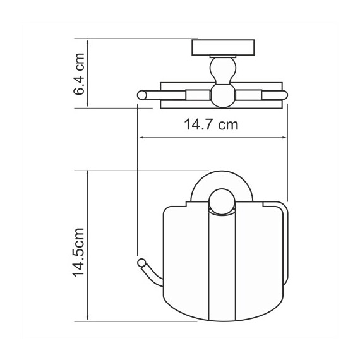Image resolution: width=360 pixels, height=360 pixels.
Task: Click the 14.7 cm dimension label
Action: [x=211, y=125]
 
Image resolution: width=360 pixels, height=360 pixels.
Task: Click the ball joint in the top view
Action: [x=222, y=96]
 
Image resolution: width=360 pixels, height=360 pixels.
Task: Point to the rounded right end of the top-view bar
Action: [x=284, y=96]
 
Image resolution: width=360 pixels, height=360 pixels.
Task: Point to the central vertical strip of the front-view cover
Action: [x=222, y=265]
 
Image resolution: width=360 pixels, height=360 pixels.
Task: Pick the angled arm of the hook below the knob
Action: [x=151, y=273]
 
